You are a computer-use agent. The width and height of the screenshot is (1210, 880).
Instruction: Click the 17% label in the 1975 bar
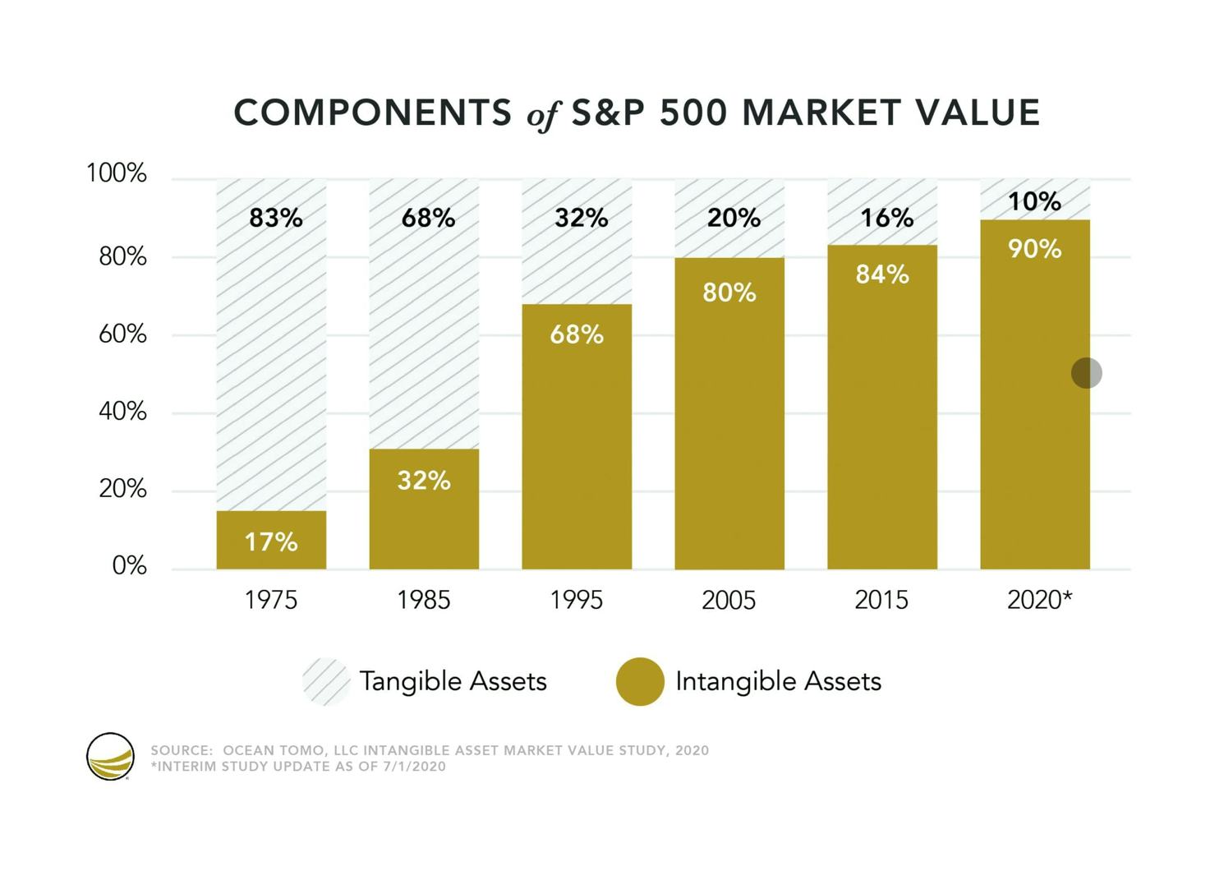pos(271,541)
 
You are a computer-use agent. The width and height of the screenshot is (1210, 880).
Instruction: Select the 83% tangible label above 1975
pos(276,219)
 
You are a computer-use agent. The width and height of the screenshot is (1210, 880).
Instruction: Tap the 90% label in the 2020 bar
pos(1035,249)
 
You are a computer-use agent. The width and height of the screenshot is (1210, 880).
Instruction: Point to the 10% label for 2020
pos(1035,201)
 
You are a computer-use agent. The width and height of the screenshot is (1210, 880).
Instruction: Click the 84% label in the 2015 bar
pos(883,274)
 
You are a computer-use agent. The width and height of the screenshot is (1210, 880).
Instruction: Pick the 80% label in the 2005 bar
pos(729,293)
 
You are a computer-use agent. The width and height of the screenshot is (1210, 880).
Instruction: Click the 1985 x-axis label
pos(424,600)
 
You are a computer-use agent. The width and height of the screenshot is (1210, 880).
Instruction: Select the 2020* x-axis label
pos(1040,600)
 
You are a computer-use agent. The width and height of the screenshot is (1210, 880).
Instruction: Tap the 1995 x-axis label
pos(577,600)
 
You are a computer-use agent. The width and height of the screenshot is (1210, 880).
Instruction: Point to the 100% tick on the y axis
pos(117,173)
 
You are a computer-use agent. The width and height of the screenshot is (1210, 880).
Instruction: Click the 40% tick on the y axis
pos(122,412)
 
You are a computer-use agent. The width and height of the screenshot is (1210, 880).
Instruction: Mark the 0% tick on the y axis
pos(130,565)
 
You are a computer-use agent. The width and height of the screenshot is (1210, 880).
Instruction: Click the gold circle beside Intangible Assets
pos(640,681)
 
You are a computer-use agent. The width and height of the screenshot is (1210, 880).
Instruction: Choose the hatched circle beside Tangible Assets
pos(326,681)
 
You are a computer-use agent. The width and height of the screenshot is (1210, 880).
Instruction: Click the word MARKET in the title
pos(821,113)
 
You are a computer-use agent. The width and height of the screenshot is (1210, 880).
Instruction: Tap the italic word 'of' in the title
pos(544,115)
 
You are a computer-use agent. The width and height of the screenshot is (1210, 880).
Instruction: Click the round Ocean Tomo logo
pos(110,756)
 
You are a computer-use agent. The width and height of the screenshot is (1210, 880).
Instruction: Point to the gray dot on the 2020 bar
pos(1087,373)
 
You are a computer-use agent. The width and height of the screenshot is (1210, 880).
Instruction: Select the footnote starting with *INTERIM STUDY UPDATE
pos(299,767)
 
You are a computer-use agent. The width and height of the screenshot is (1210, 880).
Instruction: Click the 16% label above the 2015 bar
pos(887,219)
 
